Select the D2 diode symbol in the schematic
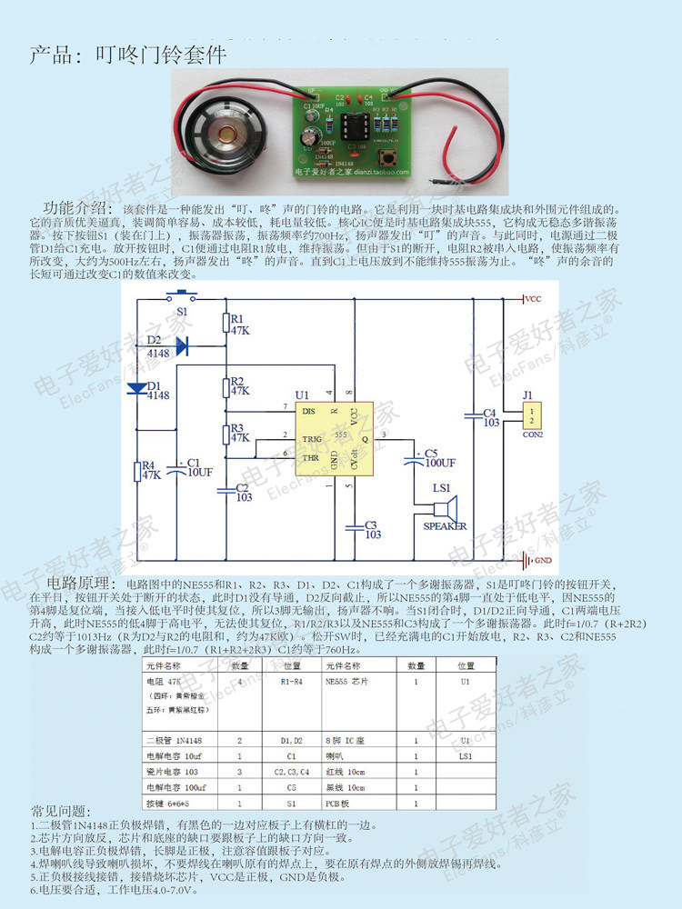[x=179, y=345]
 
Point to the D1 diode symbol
[x=138, y=388]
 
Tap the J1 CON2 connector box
[x=531, y=417]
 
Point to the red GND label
[x=543, y=560]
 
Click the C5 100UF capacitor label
[x=440, y=457]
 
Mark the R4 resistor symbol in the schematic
[x=137, y=471]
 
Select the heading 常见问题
[x=61, y=810]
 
